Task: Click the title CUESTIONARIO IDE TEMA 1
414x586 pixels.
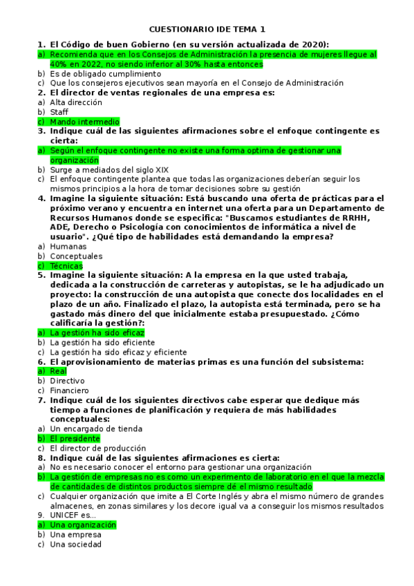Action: pos(207,30)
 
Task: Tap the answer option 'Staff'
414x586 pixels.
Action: pos(59,112)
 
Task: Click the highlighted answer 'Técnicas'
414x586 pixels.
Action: pos(66,266)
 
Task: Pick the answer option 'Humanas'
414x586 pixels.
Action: pos(68,246)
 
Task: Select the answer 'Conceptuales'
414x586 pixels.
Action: pos(76,256)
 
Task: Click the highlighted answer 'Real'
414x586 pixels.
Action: pos(59,371)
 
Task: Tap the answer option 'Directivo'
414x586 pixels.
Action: pos(68,381)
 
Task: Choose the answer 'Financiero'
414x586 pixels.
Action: pos(69,390)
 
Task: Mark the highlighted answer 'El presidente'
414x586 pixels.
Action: pos(75,438)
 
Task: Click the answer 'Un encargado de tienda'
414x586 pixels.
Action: pos(96,428)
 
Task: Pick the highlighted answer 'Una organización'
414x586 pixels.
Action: pos(83,524)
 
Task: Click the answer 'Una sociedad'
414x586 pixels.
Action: pos(75,545)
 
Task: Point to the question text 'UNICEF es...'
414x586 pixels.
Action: pos(73,515)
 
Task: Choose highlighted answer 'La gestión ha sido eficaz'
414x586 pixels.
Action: pos(97,332)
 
